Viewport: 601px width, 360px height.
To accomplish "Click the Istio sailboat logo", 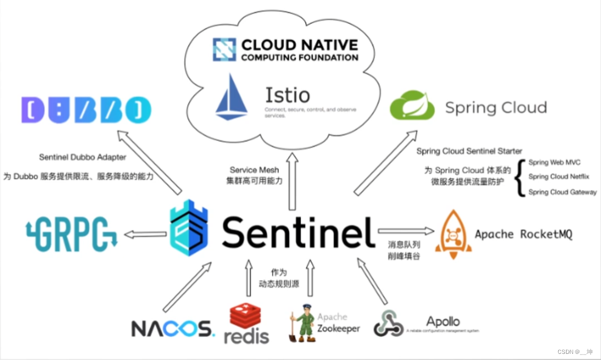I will [232, 98].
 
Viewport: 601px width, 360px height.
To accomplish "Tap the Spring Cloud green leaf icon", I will [412, 106].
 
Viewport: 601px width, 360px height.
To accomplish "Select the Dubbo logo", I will [86, 110].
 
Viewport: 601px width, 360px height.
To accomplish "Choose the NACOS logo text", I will [172, 328].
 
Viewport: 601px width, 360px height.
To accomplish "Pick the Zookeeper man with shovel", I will [300, 324].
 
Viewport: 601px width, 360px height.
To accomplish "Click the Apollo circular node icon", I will [388, 323].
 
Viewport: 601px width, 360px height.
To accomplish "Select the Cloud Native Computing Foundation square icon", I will [224, 49].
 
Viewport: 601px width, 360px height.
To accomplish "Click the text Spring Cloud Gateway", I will [562, 192].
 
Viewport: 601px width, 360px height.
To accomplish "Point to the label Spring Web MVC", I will [555, 162].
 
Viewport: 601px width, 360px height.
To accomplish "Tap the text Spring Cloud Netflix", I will [558, 177].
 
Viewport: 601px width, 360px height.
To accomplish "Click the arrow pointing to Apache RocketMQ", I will [406, 231].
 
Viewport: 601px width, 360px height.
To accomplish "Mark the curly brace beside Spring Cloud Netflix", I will [520, 178].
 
